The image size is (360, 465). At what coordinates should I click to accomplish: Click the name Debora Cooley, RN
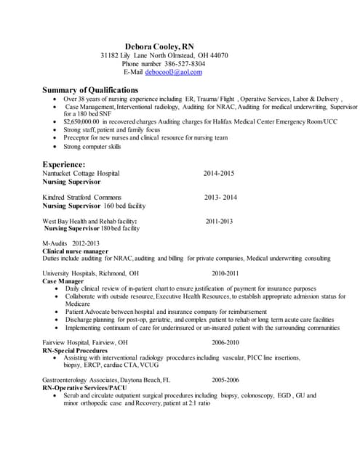pyautogui.click(x=159, y=45)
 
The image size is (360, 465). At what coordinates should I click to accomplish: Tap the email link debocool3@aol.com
pyautogui.click(x=173, y=72)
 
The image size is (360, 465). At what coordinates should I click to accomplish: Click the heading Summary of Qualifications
pyautogui.click(x=90, y=89)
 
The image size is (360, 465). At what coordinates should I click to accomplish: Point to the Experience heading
pyautogui.click(x=64, y=165)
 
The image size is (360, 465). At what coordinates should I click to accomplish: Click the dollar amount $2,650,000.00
pyautogui.click(x=81, y=122)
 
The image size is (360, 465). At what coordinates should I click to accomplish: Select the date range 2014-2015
pyautogui.click(x=219, y=174)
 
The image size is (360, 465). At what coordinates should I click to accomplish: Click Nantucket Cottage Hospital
pyautogui.click(x=81, y=174)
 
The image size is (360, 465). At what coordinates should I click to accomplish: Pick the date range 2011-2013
pyautogui.click(x=219, y=221)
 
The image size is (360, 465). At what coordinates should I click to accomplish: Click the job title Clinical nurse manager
pyautogui.click(x=76, y=251)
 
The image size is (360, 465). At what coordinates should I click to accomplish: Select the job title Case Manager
pyautogui.click(x=63, y=281)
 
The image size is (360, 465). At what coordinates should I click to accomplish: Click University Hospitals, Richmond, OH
pyautogui.click(x=90, y=273)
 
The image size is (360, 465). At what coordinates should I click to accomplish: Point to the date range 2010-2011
pyautogui.click(x=225, y=273)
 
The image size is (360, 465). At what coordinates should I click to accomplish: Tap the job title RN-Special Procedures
pyautogui.click(x=76, y=350)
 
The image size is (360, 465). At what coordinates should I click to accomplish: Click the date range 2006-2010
pyautogui.click(x=225, y=342)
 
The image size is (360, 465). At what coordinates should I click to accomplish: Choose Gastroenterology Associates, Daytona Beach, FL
pyautogui.click(x=106, y=380)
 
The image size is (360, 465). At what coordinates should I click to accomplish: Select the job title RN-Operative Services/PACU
pyautogui.click(x=86, y=388)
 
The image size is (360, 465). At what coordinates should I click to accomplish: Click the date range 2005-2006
pyautogui.click(x=225, y=380)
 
